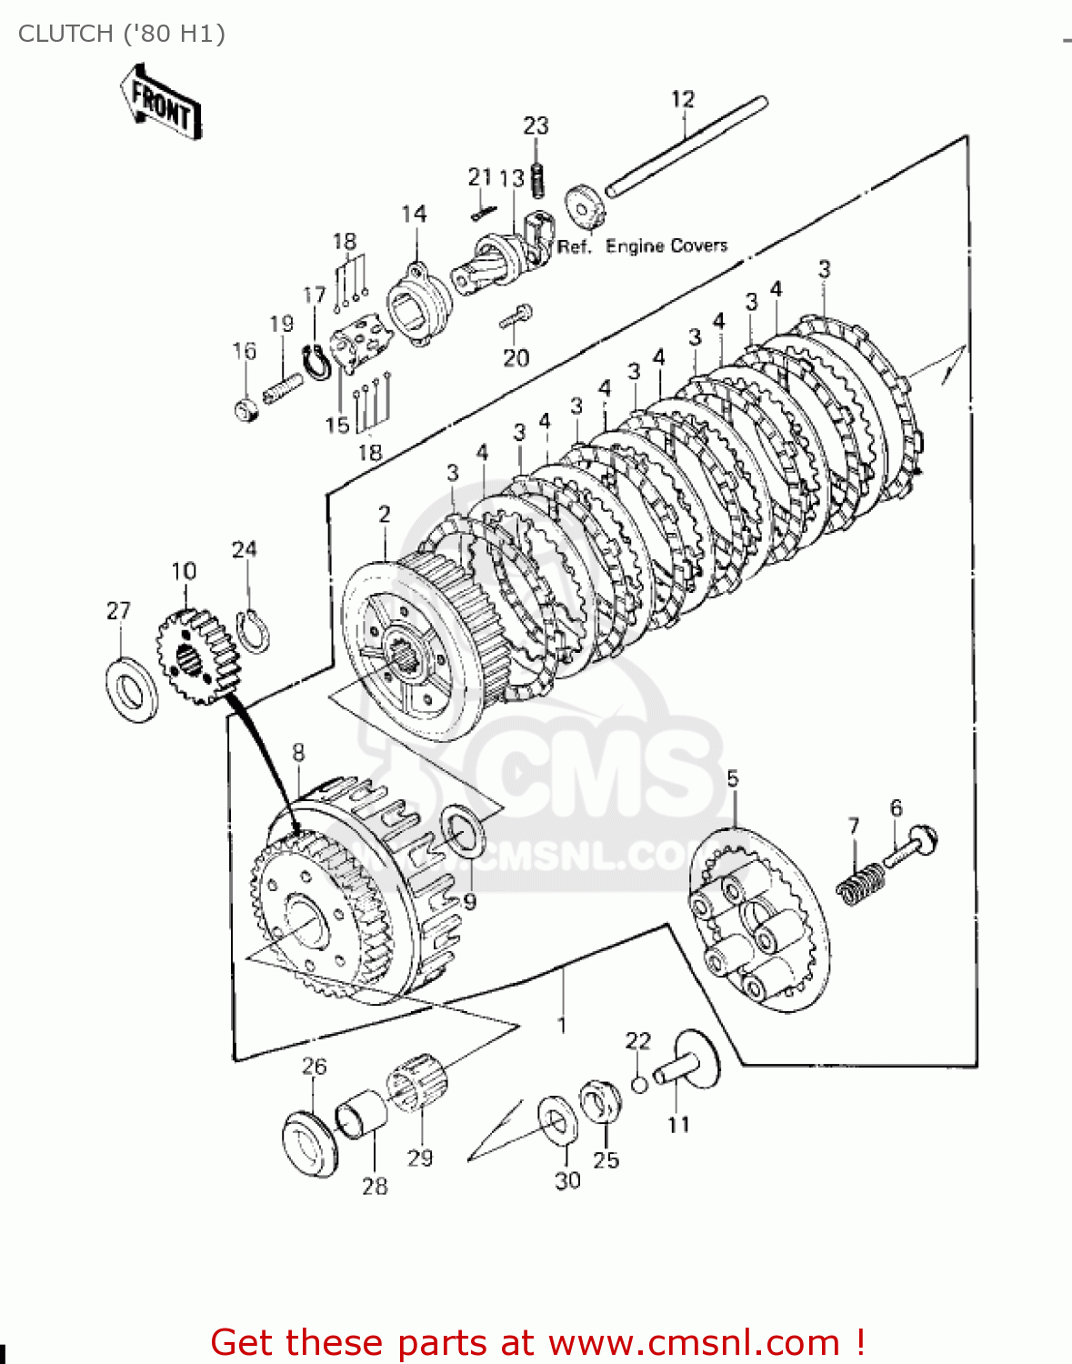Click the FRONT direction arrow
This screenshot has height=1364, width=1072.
161,102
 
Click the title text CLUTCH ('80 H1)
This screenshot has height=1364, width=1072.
122,34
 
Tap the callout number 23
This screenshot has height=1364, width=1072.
536,125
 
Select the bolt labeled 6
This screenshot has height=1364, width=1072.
910,848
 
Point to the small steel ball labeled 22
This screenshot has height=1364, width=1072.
639,1084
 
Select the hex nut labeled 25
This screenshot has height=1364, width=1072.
600,1102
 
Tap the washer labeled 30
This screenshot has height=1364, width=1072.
556,1120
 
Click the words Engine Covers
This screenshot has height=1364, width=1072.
666,246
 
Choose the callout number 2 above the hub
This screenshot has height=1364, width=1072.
385,514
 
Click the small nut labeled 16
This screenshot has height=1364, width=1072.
245,410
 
